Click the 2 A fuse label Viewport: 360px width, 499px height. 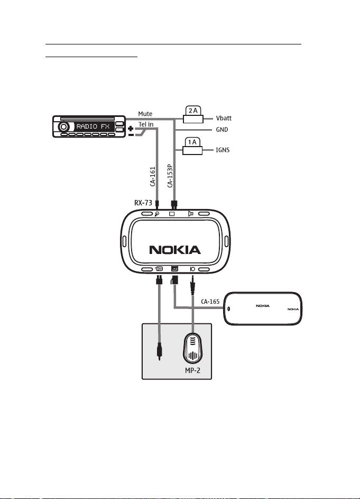tap(193, 111)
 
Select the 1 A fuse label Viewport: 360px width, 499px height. tap(192, 142)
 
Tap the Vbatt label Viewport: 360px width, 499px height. tap(224, 118)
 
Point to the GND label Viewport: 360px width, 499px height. tap(222, 130)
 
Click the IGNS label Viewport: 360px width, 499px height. tap(223, 150)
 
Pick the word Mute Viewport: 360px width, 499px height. tap(145, 114)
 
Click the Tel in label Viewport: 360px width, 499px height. tap(146, 124)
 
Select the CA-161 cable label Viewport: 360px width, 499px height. tap(153, 177)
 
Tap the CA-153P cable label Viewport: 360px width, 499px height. tap(170, 176)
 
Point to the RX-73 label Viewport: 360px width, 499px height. tap(143, 203)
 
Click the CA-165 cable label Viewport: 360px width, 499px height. tap(210, 302)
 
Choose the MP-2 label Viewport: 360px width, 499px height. tap(193, 370)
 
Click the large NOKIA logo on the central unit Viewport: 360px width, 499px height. tap(175, 250)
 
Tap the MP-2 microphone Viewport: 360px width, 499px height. tap(192, 348)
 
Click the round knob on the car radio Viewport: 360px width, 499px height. tap(63, 126)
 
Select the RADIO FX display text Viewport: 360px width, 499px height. tap(93, 126)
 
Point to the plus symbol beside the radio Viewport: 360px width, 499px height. tap(131, 129)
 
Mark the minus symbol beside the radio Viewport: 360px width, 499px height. tap(131, 135)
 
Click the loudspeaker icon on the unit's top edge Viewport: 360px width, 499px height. tap(190, 214)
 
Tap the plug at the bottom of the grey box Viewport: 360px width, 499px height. tap(159, 353)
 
